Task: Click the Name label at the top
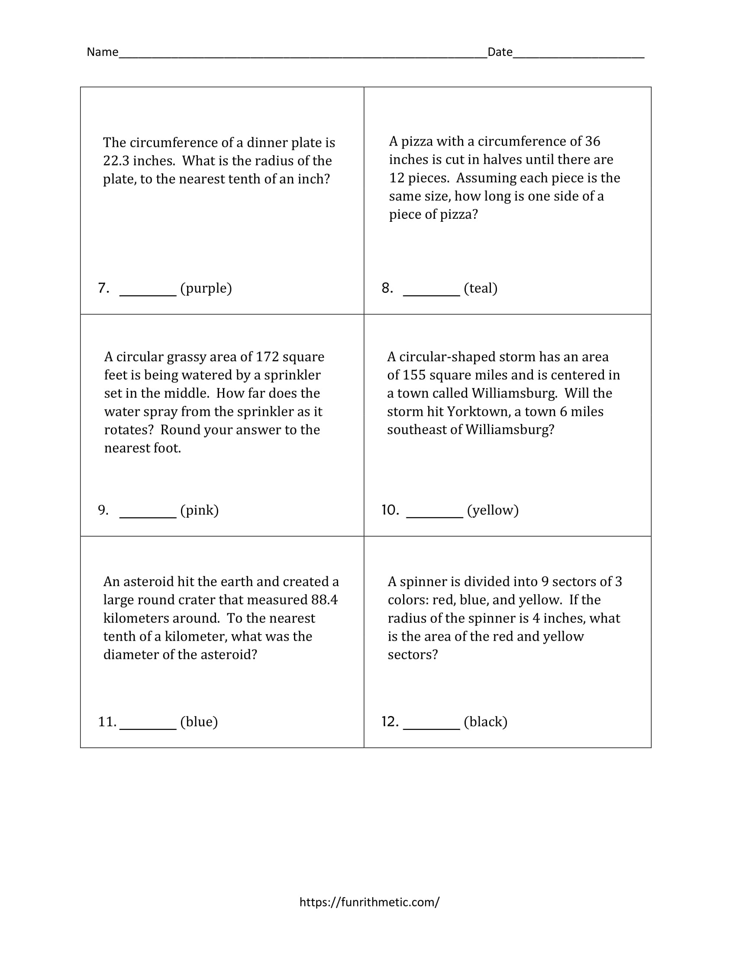[103, 52]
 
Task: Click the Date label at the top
[500, 52]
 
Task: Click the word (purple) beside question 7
[206, 288]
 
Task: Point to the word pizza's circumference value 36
[593, 141]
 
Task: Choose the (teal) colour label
[481, 288]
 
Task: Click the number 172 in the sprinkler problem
[267, 357]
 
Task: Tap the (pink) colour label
[199, 510]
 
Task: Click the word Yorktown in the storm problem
[475, 412]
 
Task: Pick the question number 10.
[390, 510]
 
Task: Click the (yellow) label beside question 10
[493, 510]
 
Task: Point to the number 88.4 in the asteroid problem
[324, 600]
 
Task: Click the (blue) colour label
[199, 722]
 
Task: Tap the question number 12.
[390, 722]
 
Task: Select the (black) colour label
[485, 722]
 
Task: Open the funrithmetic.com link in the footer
[369, 902]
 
